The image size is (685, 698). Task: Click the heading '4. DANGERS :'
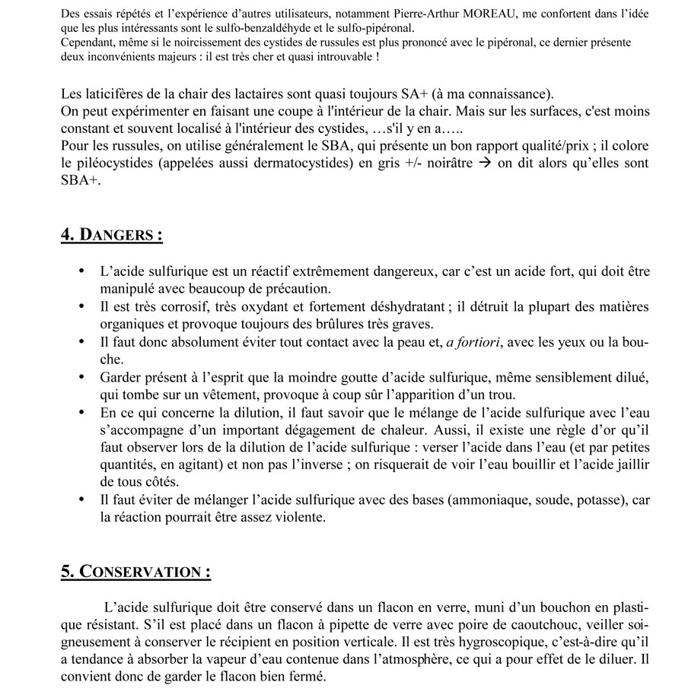point(111,234)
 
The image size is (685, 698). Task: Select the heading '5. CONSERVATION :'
point(135,571)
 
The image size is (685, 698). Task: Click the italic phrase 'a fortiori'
point(473,343)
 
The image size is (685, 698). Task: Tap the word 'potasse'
point(594,501)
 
